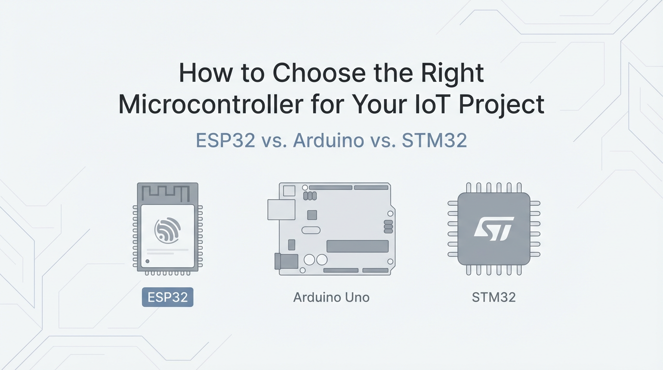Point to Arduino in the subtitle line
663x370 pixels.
tap(329, 140)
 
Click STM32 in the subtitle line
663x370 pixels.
tap(434, 140)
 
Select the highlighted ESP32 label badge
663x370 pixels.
tap(168, 297)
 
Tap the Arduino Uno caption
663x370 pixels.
tap(331, 297)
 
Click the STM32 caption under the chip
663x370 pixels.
tap(493, 297)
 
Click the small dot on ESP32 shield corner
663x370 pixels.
tap(147, 261)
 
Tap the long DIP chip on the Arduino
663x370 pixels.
tap(357, 246)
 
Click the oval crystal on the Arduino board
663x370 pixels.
tap(311, 230)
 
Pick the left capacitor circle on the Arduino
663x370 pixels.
tap(309, 260)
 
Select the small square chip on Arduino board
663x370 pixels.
tap(312, 215)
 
